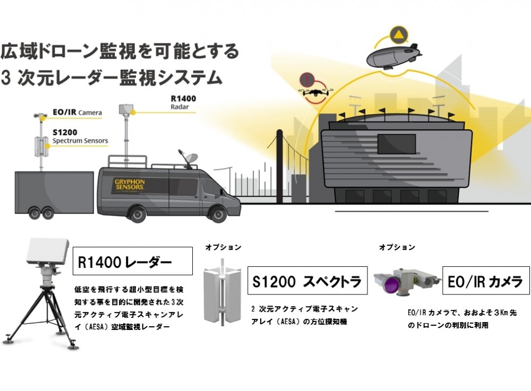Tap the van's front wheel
[x=218, y=214]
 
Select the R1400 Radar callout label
[x=183, y=102]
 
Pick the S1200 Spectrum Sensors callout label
[x=80, y=137]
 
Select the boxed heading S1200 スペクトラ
[x=307, y=281]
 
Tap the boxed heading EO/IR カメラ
[x=485, y=281]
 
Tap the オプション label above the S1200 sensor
[x=223, y=247]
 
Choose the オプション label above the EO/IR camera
[x=397, y=247]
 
